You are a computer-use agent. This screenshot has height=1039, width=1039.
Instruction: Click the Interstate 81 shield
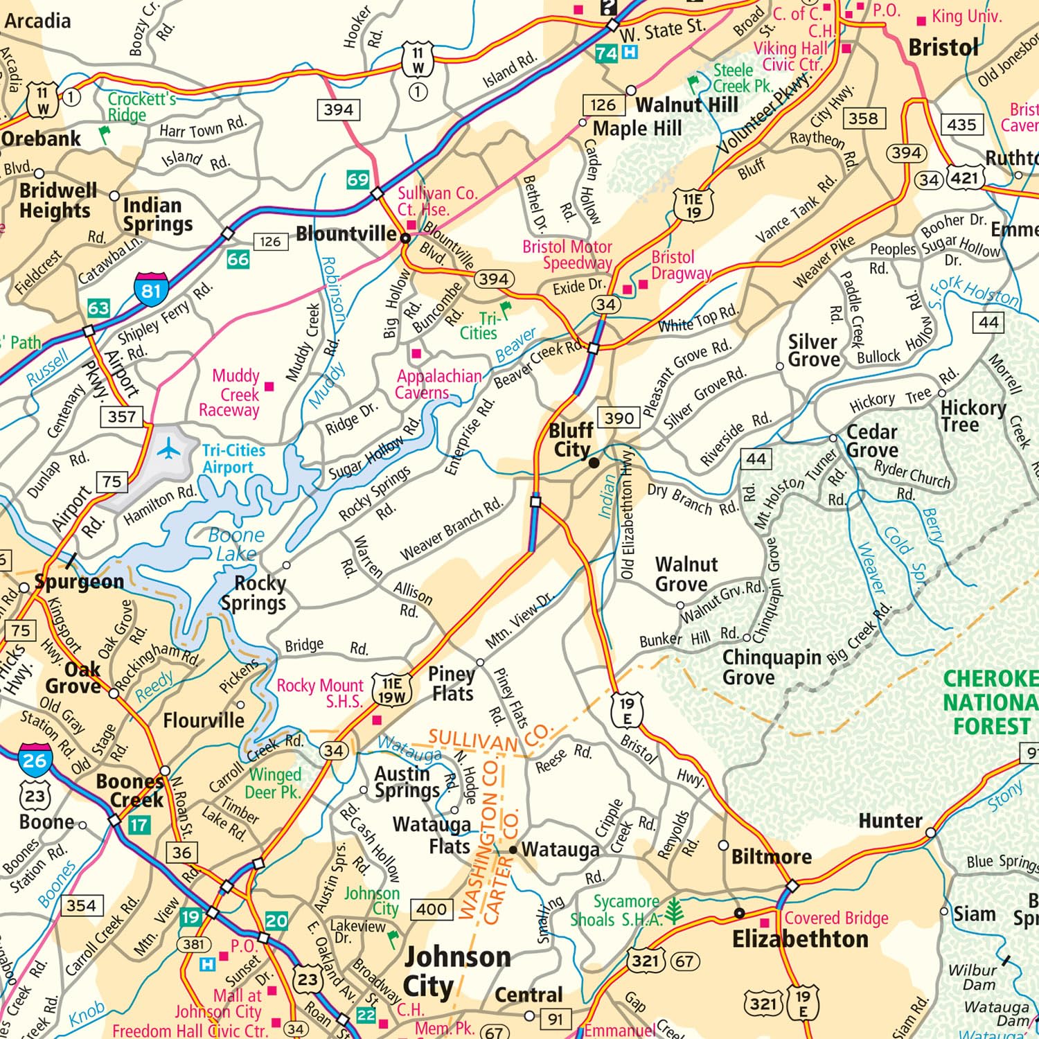(x=151, y=290)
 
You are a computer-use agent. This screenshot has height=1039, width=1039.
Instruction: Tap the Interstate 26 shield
(x=34, y=760)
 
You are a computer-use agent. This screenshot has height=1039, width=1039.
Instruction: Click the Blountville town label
(x=346, y=234)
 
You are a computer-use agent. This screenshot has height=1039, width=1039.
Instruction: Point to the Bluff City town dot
(x=594, y=463)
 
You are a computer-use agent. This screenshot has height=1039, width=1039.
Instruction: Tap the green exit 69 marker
(x=357, y=180)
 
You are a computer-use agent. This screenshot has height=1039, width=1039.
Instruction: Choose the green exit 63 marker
(x=98, y=308)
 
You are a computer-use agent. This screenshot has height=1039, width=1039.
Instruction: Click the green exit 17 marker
(x=139, y=825)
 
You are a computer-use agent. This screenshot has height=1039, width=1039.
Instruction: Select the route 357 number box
(x=122, y=416)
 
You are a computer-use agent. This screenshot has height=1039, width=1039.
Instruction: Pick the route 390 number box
(x=619, y=418)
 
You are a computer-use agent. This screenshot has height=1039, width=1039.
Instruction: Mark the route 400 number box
(x=432, y=909)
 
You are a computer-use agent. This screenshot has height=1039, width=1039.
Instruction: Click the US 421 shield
(x=965, y=178)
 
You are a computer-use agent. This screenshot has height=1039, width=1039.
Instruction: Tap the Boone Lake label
(x=236, y=544)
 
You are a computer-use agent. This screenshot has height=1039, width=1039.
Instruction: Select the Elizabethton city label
(x=800, y=939)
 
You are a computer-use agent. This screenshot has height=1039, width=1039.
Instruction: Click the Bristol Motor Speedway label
(x=567, y=255)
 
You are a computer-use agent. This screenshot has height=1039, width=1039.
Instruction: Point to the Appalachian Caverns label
(x=438, y=384)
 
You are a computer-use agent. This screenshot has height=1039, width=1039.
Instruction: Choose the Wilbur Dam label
(x=973, y=977)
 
